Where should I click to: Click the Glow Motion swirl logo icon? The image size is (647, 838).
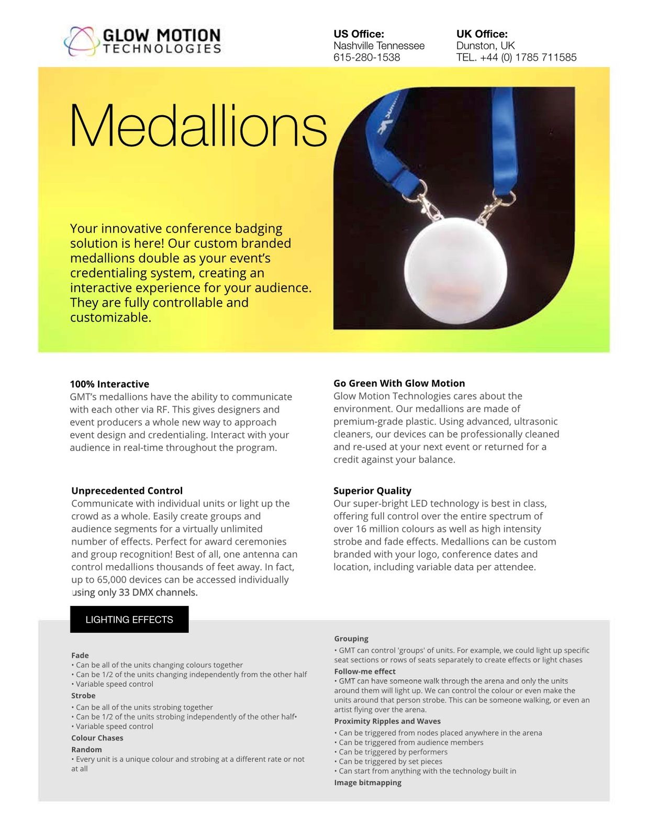tap(81, 41)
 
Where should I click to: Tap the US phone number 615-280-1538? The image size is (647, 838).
tap(366, 58)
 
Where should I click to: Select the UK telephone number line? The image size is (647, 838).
tap(516, 58)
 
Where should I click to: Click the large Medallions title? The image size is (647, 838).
tap(198, 126)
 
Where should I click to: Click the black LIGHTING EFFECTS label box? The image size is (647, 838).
tap(129, 620)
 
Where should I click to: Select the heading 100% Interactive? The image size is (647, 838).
tap(109, 384)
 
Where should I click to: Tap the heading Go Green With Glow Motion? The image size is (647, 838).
tap(399, 383)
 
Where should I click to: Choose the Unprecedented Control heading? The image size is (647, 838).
tap(127, 491)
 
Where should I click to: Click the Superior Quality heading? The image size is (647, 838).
tap(372, 491)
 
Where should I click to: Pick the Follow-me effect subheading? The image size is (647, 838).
tap(365, 671)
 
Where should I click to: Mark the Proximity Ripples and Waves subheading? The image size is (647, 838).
tap(387, 721)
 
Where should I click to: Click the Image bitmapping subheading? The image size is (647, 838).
tap(367, 782)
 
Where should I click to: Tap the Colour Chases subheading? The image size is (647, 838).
tap(97, 738)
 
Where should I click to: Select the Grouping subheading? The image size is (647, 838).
tap(351, 638)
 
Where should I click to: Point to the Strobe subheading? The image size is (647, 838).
tap(83, 696)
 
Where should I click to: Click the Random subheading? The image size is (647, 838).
tap(86, 749)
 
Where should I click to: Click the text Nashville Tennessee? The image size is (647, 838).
tap(379, 46)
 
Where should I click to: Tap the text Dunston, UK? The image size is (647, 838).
tap(485, 46)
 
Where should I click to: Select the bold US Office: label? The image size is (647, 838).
tap(359, 34)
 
